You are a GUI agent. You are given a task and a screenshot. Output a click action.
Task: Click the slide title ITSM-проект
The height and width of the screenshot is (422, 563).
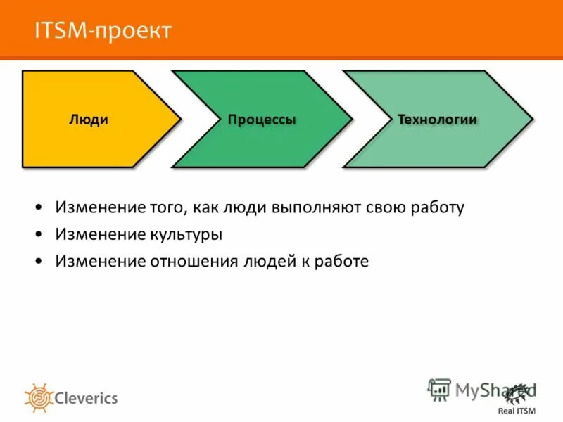click(103, 30)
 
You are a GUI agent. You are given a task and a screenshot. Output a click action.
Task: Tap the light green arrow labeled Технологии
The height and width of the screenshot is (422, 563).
click(436, 144)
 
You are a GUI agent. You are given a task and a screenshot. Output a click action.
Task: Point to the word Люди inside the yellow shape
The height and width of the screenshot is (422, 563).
click(89, 120)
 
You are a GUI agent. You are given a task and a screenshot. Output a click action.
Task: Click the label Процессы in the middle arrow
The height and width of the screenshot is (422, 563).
click(261, 120)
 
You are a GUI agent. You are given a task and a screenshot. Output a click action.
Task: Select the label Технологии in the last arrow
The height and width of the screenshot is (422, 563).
click(437, 120)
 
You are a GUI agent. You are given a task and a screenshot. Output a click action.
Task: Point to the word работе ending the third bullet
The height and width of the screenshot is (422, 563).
click(343, 261)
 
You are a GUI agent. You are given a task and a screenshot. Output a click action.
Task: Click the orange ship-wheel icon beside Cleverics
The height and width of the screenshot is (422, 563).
click(39, 398)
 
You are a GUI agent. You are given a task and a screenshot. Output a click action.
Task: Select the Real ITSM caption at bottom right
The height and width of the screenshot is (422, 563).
click(517, 411)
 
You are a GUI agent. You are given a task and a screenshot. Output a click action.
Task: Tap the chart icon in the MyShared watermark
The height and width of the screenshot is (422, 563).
click(439, 389)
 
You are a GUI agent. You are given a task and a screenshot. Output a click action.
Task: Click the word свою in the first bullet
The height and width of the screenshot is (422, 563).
click(386, 208)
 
